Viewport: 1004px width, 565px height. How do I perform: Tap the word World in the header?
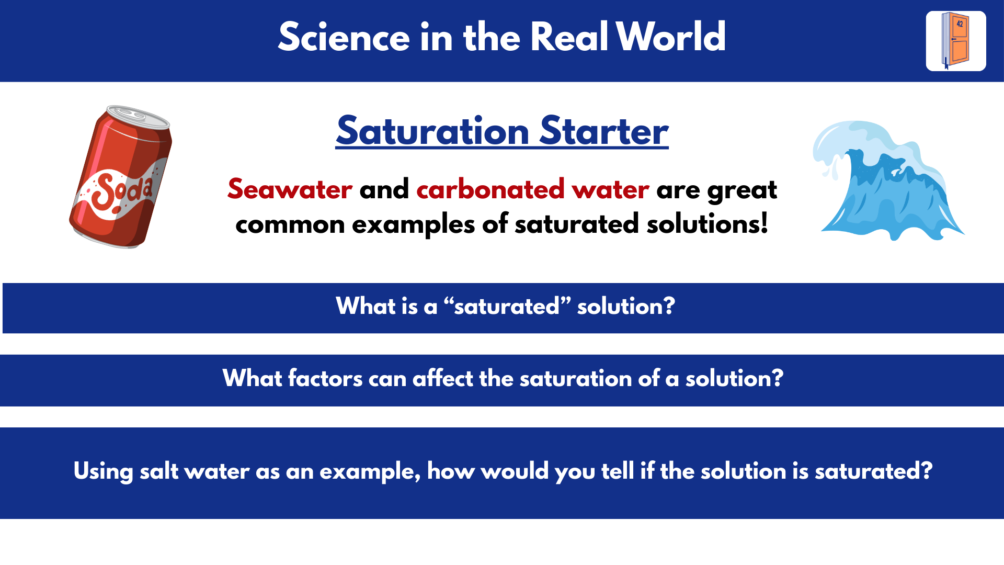(670, 37)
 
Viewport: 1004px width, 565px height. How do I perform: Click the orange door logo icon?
(955, 41)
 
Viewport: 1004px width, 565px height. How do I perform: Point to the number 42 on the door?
(960, 24)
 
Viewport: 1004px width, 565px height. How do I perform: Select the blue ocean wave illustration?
(889, 180)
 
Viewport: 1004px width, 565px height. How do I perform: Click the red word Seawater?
(290, 189)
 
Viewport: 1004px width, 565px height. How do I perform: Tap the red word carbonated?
(490, 189)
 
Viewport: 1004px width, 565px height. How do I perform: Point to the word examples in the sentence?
(413, 224)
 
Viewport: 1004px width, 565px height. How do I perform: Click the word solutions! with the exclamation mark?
(707, 224)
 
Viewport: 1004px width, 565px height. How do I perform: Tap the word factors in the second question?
(325, 378)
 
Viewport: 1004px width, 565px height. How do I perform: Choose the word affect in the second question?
(442, 378)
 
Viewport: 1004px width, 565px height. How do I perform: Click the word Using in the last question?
(103, 471)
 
